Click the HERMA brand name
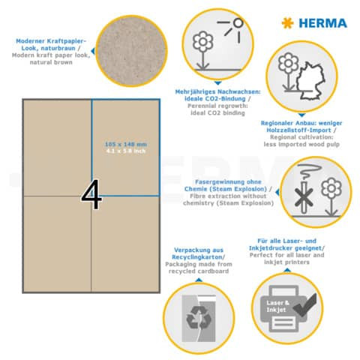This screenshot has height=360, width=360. pyautogui.click(x=323, y=23)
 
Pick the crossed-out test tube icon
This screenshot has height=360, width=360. pyautogui.click(x=281, y=198)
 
